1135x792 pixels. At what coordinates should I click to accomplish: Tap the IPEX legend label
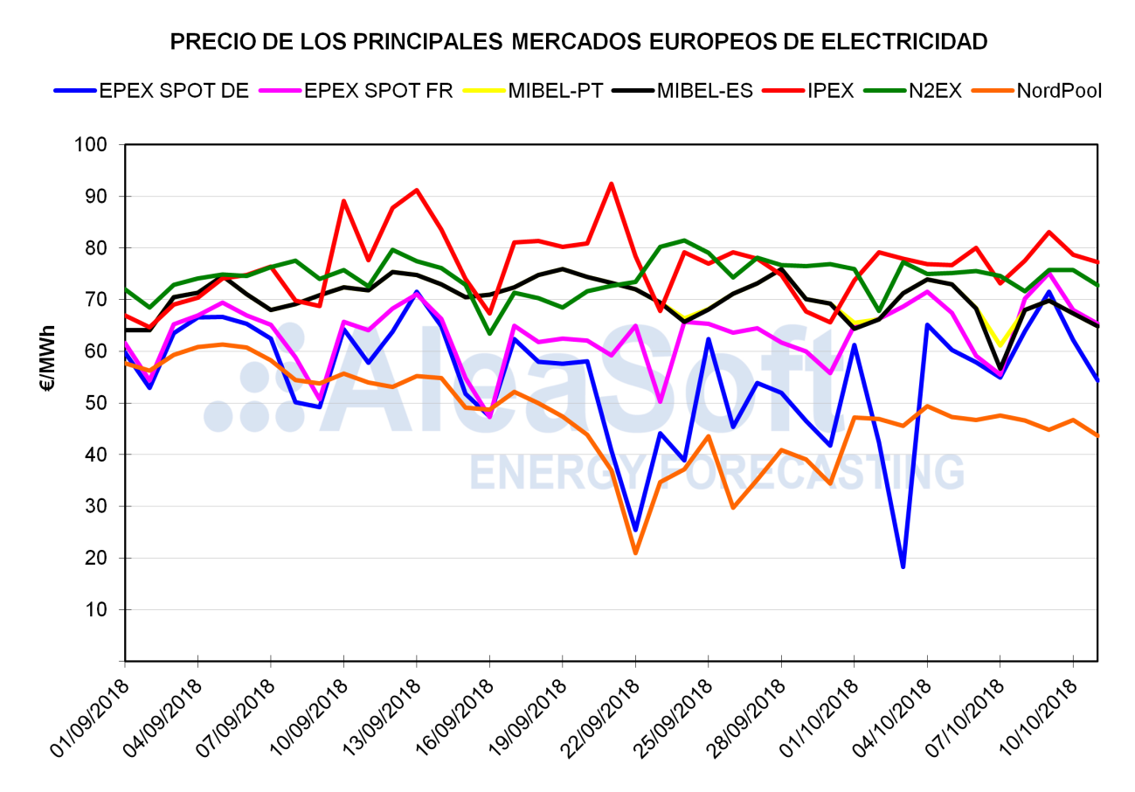pos(829,90)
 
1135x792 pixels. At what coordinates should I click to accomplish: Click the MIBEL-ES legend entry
pos(704,90)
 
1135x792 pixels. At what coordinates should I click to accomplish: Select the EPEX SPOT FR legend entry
pos(377,90)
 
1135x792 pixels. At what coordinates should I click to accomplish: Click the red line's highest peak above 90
pos(612,184)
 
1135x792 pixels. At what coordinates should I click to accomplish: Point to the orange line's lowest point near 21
pos(635,552)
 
